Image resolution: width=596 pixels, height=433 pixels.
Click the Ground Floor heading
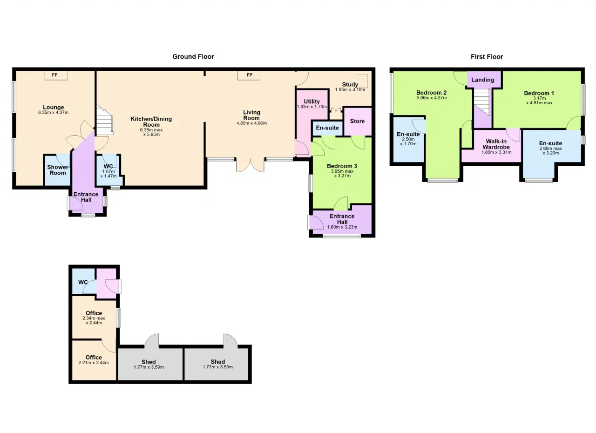point(193,57)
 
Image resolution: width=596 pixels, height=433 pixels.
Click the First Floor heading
point(487,57)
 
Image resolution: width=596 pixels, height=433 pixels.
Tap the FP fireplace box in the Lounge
point(56,75)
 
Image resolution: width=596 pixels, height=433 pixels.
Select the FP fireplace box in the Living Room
point(249,75)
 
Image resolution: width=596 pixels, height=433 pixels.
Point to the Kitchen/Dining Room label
point(151,122)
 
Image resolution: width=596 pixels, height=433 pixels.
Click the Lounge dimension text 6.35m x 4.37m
point(53,113)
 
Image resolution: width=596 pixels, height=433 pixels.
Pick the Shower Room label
point(58,170)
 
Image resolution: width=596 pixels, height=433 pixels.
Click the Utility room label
point(312,101)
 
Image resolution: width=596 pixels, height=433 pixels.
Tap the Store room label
point(357,121)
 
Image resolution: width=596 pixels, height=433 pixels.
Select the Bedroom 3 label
point(342,166)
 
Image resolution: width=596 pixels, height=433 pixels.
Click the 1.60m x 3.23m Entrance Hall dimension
point(342,227)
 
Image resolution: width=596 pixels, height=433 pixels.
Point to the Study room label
point(350,85)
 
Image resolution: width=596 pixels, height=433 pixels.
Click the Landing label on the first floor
point(483,80)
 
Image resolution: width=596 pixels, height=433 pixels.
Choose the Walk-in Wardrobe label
point(496,144)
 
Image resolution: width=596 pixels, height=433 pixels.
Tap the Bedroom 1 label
point(539,93)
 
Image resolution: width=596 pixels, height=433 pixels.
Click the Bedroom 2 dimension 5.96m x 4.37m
point(431,98)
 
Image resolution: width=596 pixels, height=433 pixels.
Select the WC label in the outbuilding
point(83,282)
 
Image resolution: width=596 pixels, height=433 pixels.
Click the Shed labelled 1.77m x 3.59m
point(149,364)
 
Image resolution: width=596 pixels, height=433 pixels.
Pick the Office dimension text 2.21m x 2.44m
point(94,363)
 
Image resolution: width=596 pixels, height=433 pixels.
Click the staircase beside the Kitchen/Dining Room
point(105,121)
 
